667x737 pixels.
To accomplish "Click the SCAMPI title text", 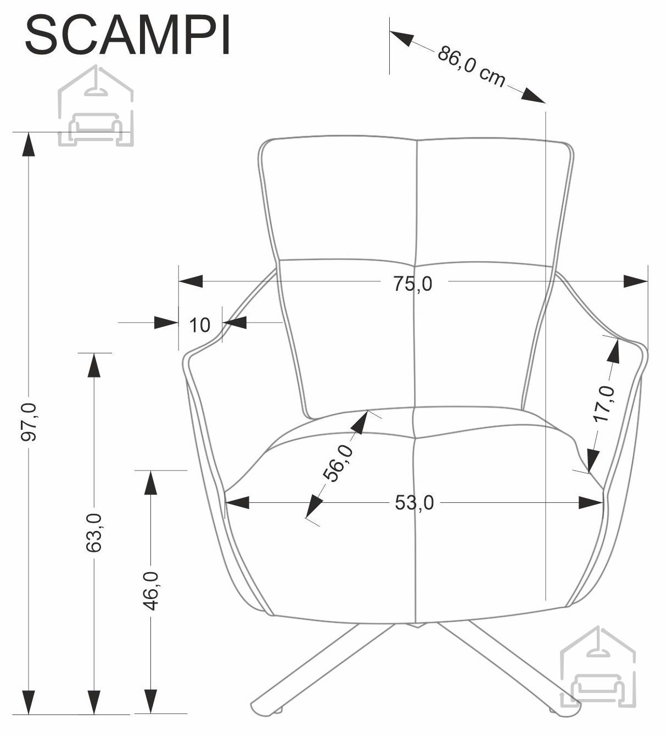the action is tap(127, 36).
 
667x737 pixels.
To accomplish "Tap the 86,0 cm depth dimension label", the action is tap(472, 67).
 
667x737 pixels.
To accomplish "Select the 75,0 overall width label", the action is tap(413, 284).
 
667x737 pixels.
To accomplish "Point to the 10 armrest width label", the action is tap(200, 325).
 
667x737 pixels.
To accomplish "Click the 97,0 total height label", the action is tap(29, 422).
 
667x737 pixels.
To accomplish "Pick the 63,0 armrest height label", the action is tap(94, 533).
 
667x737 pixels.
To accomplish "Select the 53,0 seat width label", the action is tap(414, 503).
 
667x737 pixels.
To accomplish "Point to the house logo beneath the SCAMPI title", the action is tap(96, 106).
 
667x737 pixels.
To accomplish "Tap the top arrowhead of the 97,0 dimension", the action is tap(29, 144).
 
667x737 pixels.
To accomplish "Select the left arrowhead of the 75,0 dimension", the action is tap(190, 281).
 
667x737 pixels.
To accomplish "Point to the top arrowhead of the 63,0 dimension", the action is tap(94, 365).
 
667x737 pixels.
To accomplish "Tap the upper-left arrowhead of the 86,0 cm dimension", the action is tap(402, 38).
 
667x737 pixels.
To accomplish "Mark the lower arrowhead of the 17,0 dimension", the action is tap(593, 462).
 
